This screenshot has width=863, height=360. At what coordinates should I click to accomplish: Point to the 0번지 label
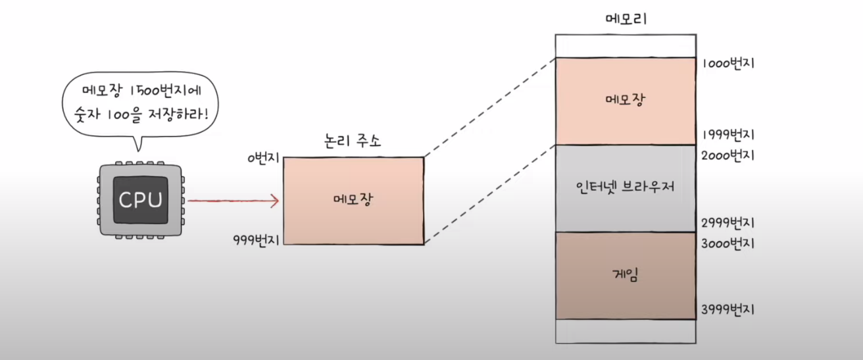264,159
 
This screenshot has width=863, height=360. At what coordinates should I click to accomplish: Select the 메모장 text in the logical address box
353,199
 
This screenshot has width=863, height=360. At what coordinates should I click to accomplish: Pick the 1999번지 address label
728,136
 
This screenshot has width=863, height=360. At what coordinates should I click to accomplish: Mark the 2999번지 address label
728,222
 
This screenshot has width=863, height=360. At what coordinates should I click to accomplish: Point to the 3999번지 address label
728,309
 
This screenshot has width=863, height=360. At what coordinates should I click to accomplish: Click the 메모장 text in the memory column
625,100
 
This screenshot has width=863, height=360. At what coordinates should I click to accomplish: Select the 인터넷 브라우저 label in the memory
625,187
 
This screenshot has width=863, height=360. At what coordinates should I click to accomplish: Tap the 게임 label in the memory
625,275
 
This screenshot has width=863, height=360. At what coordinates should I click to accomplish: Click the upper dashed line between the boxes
490,107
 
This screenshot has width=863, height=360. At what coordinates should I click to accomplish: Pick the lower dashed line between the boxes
490,195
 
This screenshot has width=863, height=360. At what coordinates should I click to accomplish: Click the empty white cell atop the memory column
625,45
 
